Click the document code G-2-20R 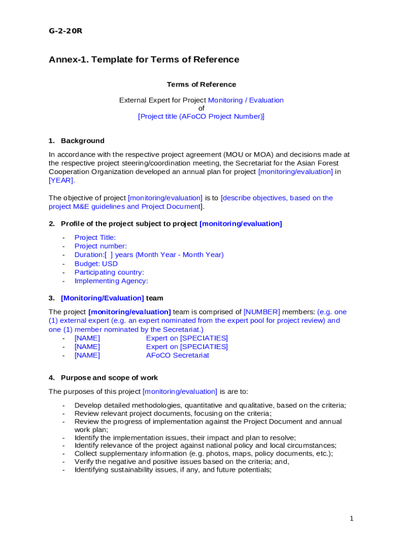(x=65, y=31)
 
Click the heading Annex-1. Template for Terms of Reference (x=144, y=60)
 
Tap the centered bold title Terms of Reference (x=201, y=85)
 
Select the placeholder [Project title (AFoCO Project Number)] (x=201, y=117)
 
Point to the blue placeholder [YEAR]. (x=62, y=180)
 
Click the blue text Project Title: (x=95, y=238)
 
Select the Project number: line (x=100, y=246)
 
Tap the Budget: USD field (x=96, y=264)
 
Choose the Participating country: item (x=109, y=272)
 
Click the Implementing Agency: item (x=111, y=281)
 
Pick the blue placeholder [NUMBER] (x=262, y=312)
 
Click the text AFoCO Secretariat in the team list (x=177, y=355)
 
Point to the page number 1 (x=352, y=518)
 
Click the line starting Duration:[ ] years (x=149, y=255)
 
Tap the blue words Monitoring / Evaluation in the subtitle (x=245, y=100)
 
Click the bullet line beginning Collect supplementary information (x=204, y=453)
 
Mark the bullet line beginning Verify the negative (x=182, y=461)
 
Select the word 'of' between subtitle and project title (x=201, y=108)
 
